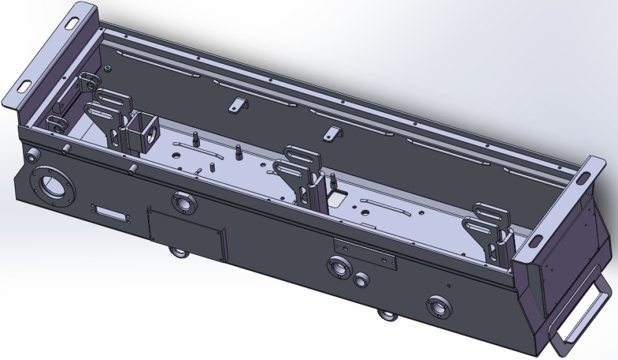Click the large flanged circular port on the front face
(53, 186)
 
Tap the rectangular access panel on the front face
(186, 232)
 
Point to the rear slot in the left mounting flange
(76, 22)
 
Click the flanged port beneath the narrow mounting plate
(338, 267)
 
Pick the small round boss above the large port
(31, 154)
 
